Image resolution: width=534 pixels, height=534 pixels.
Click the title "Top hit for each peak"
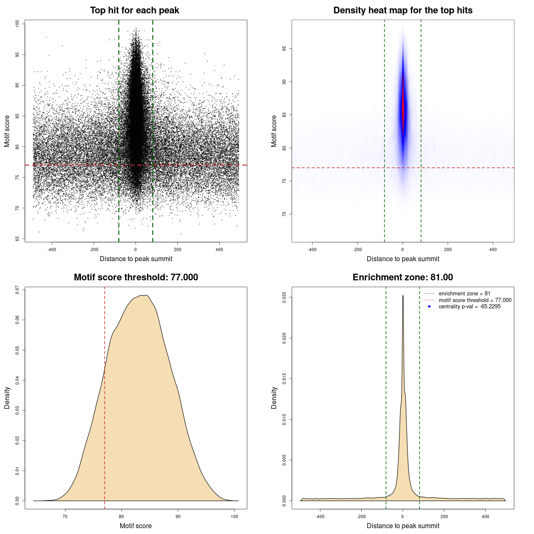point(134,10)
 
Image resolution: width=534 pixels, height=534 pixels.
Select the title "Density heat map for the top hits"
point(403,10)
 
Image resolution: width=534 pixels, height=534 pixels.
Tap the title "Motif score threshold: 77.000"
point(136,277)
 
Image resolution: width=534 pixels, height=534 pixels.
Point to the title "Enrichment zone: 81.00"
point(403,277)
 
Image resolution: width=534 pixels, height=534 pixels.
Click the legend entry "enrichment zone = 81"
point(464,294)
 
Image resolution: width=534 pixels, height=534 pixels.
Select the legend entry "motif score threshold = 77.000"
point(475,300)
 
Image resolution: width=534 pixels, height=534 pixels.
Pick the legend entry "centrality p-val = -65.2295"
point(469,307)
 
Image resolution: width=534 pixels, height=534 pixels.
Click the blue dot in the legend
point(429,307)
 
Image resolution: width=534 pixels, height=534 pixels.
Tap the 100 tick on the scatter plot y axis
point(17,24)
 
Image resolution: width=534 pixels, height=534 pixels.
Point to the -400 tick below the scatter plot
point(52,250)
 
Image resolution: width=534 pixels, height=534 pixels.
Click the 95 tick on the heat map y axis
point(284,49)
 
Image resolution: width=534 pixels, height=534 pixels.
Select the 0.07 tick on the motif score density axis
point(17,290)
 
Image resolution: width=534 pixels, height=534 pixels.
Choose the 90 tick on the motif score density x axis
point(178,516)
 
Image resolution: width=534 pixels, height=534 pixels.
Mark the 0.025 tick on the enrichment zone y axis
point(284,297)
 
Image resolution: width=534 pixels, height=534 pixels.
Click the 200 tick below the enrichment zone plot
point(444,516)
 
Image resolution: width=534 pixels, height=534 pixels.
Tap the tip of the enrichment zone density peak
point(403,296)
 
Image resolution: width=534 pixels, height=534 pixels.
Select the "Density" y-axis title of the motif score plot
point(7,398)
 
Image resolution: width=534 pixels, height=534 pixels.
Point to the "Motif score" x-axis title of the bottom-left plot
point(136,526)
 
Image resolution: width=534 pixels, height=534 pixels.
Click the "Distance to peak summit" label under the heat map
point(403,259)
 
